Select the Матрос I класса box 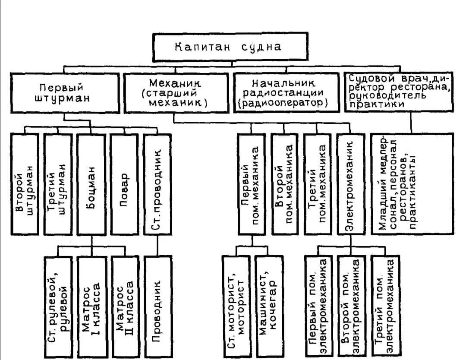pyautogui.click(x=91, y=306)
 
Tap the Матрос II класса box pyautogui.click(x=124, y=306)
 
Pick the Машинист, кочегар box pyautogui.click(x=268, y=306)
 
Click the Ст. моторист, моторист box pyautogui.click(x=236, y=306)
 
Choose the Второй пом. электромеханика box pyautogui.click(x=351, y=306)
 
